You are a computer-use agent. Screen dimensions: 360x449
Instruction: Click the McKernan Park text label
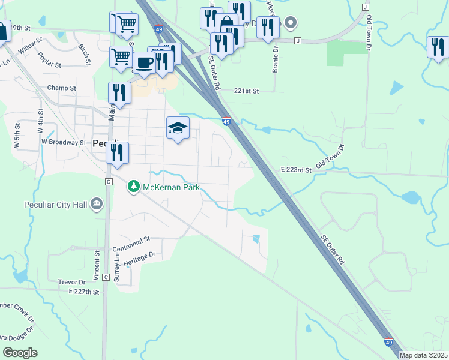(170, 187)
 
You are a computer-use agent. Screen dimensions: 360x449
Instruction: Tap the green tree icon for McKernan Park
(134, 187)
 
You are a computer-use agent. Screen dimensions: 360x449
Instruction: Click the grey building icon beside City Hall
(96, 206)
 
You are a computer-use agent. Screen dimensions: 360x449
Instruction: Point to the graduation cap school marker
(178, 128)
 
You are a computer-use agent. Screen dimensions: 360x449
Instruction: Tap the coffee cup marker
(143, 62)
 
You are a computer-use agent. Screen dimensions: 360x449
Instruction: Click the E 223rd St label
(296, 170)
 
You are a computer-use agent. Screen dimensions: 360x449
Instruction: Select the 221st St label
(246, 91)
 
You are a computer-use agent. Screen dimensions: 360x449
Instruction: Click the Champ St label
(62, 88)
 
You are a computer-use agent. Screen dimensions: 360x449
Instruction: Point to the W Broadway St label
(64, 142)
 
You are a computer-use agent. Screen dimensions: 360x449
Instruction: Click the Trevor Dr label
(72, 282)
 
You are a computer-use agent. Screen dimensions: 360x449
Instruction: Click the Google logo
(19, 353)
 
